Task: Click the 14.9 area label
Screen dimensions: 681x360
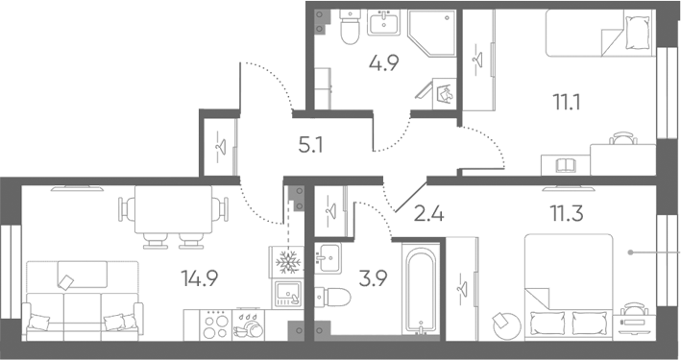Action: click(x=200, y=278)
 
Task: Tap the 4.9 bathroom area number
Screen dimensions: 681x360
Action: click(x=384, y=63)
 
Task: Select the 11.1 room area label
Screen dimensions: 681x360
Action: click(x=567, y=103)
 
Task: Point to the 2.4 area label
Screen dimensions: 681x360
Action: click(x=428, y=214)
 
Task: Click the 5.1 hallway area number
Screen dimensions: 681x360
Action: click(x=310, y=145)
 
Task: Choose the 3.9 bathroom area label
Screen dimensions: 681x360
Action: click(x=373, y=278)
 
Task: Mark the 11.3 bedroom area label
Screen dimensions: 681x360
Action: click(x=567, y=214)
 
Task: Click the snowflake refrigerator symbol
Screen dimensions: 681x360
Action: click(x=286, y=262)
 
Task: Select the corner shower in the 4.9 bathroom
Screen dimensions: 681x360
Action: click(x=432, y=34)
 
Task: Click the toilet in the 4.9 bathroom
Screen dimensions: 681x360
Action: click(x=350, y=27)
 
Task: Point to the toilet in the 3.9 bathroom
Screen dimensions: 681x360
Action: click(x=332, y=297)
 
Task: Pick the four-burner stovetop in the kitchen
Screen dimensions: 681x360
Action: click(x=216, y=324)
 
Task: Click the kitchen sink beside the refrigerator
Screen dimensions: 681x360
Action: click(x=286, y=295)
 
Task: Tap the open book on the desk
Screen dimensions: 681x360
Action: click(x=566, y=165)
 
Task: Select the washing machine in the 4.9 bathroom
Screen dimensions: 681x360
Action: click(x=445, y=94)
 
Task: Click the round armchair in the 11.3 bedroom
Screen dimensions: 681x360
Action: click(x=506, y=326)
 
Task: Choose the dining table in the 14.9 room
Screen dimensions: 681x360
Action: click(x=173, y=209)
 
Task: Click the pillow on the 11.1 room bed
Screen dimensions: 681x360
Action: click(x=639, y=33)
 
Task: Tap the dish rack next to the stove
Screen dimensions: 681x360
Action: click(x=249, y=324)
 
